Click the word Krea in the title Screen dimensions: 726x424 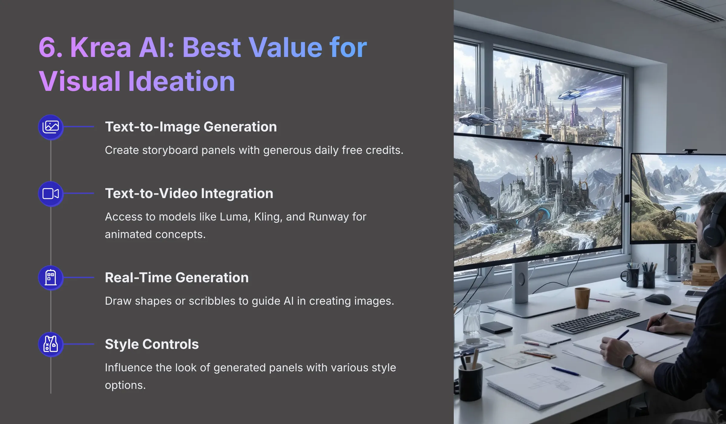100,47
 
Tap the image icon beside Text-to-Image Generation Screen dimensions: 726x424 51,127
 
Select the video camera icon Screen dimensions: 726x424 51,194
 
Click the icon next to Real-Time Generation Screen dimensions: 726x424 51,278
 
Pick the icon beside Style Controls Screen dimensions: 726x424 51,344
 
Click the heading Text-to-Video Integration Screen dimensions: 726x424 189,193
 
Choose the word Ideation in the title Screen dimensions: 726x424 181,81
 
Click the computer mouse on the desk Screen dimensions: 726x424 658,299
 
